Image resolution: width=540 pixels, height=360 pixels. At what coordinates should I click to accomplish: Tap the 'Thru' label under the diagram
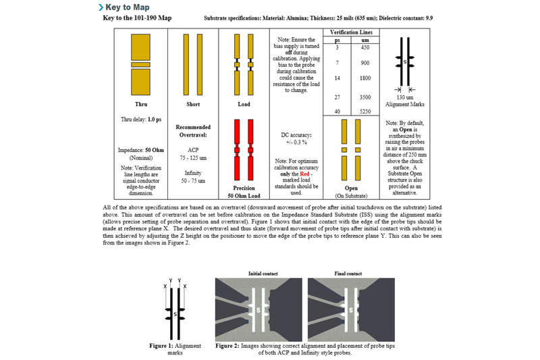tap(141, 105)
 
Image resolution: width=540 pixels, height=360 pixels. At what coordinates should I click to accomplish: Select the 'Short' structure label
tap(192, 105)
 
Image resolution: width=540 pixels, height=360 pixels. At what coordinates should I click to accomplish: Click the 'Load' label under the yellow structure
tap(243, 105)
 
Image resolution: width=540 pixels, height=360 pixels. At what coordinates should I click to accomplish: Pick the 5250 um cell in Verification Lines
tap(365, 111)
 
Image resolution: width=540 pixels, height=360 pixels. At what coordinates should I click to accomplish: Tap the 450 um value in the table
tap(365, 47)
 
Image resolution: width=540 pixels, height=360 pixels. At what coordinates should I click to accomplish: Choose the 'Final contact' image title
tap(348, 273)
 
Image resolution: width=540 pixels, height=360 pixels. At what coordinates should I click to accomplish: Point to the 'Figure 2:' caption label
tap(230, 344)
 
